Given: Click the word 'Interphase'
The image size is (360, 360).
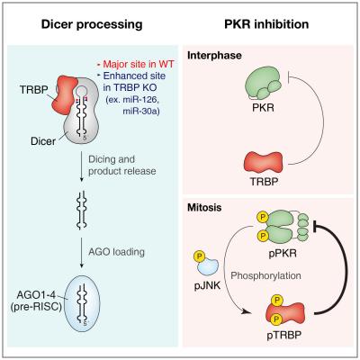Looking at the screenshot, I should [210, 56].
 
